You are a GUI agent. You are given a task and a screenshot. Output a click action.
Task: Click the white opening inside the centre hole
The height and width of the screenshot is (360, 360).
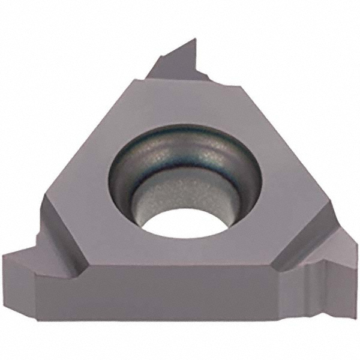pos(180,224)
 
